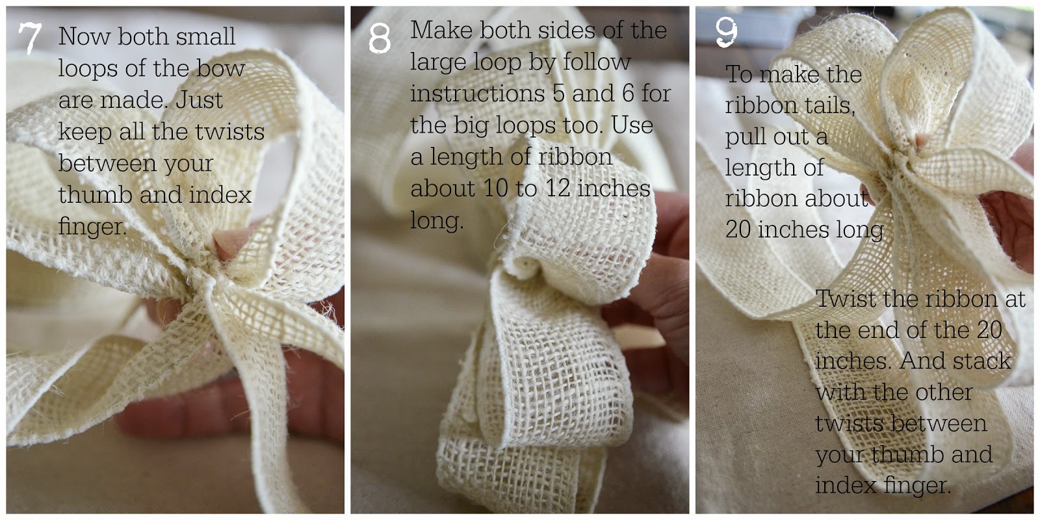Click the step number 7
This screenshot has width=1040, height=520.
point(30,38)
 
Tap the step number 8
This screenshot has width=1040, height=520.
point(380,38)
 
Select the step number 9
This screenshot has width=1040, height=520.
point(726,32)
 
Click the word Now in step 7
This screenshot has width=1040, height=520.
point(84,36)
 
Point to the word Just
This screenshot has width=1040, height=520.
point(199,100)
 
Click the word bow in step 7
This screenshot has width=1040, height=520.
point(220,68)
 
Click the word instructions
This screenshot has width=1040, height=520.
point(477,94)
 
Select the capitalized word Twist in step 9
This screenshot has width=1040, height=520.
point(846,298)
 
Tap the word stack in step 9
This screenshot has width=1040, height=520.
point(979,361)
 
